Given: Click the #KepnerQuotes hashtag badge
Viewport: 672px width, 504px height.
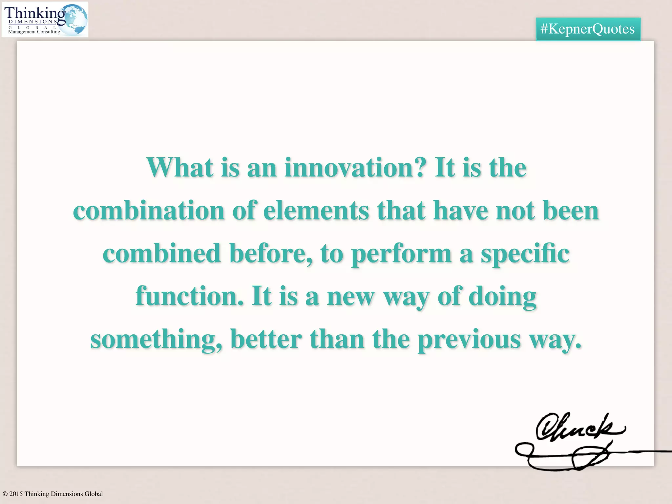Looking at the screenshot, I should pos(588,29).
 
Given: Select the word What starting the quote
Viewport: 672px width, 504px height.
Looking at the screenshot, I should pos(179,168).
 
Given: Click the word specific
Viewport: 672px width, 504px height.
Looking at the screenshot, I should pos(525,254).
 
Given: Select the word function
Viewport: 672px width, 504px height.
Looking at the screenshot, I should pos(190,296).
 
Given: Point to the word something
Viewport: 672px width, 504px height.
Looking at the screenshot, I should pos(156,340).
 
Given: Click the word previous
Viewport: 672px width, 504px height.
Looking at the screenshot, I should pos(469,340).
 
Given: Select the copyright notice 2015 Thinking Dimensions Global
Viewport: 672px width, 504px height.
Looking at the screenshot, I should pos(53,494).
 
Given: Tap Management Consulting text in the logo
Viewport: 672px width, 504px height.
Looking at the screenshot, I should pos(34,32).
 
